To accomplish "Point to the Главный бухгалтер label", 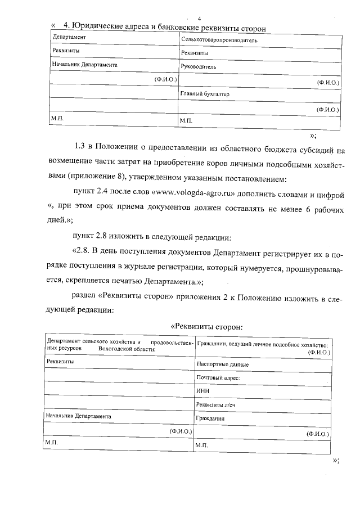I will [205, 94].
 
